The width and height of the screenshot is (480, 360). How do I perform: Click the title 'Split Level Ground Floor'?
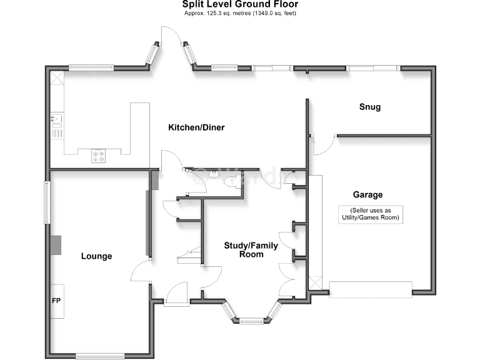[241, 5]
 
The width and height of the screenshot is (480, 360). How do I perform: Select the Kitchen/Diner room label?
[196, 127]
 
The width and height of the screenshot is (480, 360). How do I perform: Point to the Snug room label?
[369, 107]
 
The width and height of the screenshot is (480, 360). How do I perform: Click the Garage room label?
[367, 195]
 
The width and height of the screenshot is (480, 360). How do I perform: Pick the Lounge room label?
[96, 256]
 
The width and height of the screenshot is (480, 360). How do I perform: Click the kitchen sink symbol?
[56, 118]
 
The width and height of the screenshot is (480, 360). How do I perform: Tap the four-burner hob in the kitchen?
[99, 154]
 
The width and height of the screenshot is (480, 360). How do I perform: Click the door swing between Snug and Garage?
[323, 145]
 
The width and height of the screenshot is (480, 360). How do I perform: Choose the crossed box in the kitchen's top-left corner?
[57, 77]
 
